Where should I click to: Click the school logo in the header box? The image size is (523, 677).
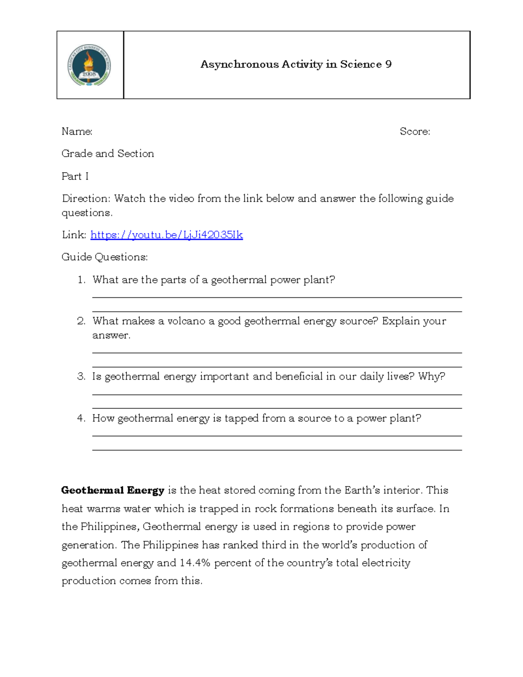click(x=89, y=65)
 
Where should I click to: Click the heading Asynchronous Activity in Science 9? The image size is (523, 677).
click(x=296, y=64)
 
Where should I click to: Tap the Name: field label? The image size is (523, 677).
click(x=77, y=131)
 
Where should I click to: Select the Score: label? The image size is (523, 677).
click(x=414, y=131)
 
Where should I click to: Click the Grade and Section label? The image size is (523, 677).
click(x=108, y=153)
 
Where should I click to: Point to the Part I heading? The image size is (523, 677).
click(x=75, y=176)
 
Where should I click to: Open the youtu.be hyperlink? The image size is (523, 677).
click(x=166, y=235)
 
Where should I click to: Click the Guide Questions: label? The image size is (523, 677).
click(x=105, y=257)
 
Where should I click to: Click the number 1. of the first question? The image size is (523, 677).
click(x=82, y=280)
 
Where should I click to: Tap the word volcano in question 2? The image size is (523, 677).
click(x=186, y=321)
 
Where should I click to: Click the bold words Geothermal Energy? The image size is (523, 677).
click(x=112, y=490)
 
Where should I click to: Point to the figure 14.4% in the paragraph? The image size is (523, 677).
click(x=195, y=563)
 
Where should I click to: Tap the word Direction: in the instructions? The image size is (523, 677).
click(x=86, y=199)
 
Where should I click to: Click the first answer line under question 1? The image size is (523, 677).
click(x=277, y=297)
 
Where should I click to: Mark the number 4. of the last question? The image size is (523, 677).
click(x=81, y=418)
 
